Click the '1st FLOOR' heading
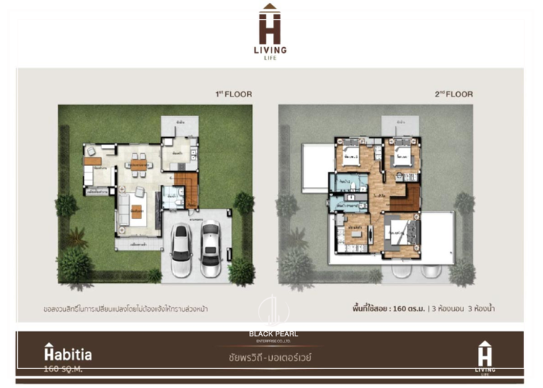(x=232, y=94)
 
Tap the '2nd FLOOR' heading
(x=453, y=94)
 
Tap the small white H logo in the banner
(x=485, y=352)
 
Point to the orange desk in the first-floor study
(x=92, y=160)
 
